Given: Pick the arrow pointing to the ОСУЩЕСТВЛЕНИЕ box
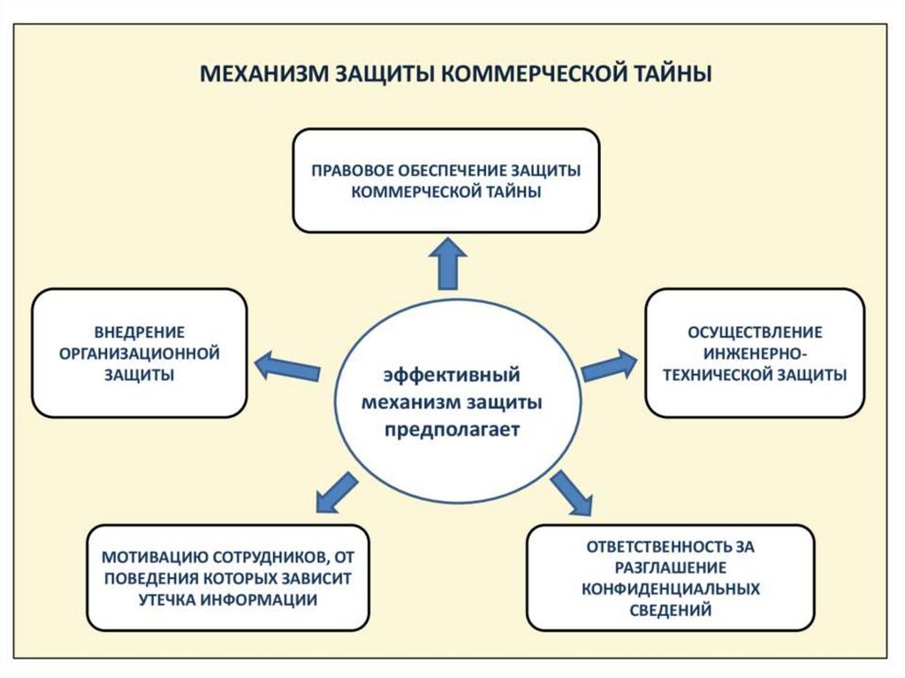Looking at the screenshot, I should [x=609, y=364].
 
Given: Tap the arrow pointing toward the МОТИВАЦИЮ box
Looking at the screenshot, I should [x=337, y=493].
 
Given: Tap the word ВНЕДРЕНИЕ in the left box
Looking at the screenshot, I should [x=140, y=332].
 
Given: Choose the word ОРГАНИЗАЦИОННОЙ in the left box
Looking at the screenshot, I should [x=140, y=354].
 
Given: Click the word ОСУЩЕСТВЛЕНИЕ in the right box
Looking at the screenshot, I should [x=755, y=332].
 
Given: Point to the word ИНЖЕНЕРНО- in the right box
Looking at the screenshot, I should [x=755, y=354].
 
